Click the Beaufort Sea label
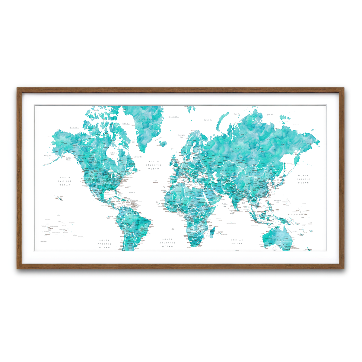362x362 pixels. [x=74, y=128]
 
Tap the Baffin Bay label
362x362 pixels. [x=126, y=124]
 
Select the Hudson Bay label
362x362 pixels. [x=112, y=154]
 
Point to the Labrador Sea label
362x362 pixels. [x=138, y=157]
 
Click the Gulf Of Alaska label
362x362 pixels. [x=68, y=159]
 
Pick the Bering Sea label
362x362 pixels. [x=48, y=156]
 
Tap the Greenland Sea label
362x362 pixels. [x=173, y=117]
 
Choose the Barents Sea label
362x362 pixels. [x=208, y=120]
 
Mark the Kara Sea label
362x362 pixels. [x=237, y=114]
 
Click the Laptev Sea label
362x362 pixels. [x=269, y=115]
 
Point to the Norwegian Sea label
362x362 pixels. [x=181, y=136]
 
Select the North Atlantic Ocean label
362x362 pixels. [x=154, y=165]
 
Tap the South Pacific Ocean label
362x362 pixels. [x=104, y=244]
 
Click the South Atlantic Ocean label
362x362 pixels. [x=167, y=243]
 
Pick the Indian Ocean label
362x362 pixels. [x=237, y=242]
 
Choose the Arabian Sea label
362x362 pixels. [x=225, y=205]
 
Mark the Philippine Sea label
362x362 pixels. [x=278, y=202]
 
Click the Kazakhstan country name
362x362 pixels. [x=227, y=170]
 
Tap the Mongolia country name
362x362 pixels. [x=254, y=172]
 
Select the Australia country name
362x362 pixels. [x=277, y=240]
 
